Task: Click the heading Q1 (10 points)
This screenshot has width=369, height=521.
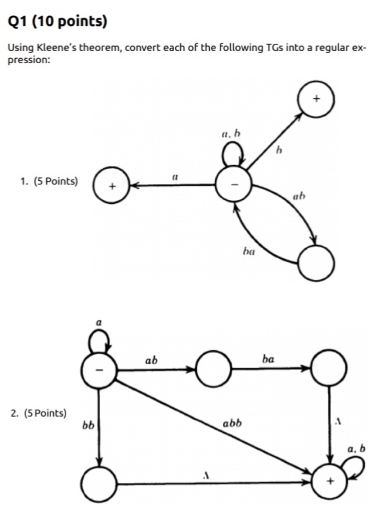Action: pos(57,22)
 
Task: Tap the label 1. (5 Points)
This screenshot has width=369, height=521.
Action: pos(49,181)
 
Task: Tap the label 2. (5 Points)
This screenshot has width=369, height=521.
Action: pos(39,413)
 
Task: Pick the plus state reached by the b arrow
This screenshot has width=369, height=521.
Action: pos(317,99)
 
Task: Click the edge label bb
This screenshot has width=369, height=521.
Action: pos(88,427)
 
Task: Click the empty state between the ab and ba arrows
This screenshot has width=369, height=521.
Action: pos(214,369)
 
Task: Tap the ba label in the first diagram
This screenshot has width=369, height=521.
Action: pos(248,251)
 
